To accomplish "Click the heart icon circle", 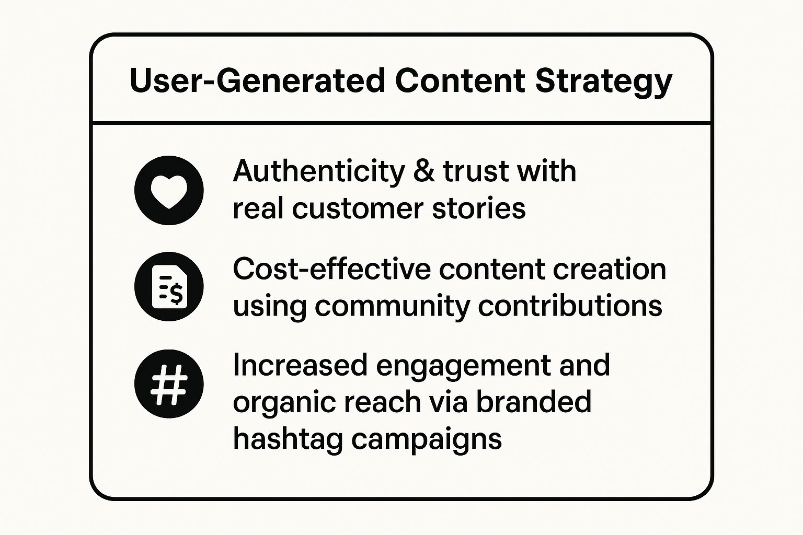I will pos(169,190).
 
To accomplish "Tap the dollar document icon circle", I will pos(169,286).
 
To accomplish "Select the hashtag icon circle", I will pos(169,383).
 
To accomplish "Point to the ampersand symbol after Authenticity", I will pos(423,171).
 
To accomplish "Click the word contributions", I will pos(570,306).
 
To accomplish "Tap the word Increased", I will pos(300,365).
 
